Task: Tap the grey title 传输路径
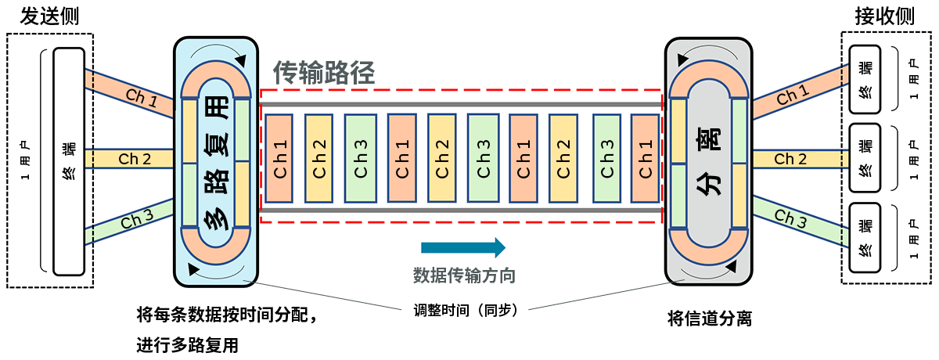(x=324, y=73)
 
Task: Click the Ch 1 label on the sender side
(x=141, y=97)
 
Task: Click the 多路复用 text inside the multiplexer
(x=216, y=162)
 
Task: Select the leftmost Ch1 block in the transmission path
(x=279, y=157)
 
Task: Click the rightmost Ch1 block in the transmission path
(x=646, y=157)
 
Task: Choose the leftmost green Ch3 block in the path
(x=361, y=157)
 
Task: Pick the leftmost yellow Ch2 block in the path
(x=319, y=157)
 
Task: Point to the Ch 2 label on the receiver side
(x=790, y=160)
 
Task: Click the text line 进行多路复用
(x=187, y=345)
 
